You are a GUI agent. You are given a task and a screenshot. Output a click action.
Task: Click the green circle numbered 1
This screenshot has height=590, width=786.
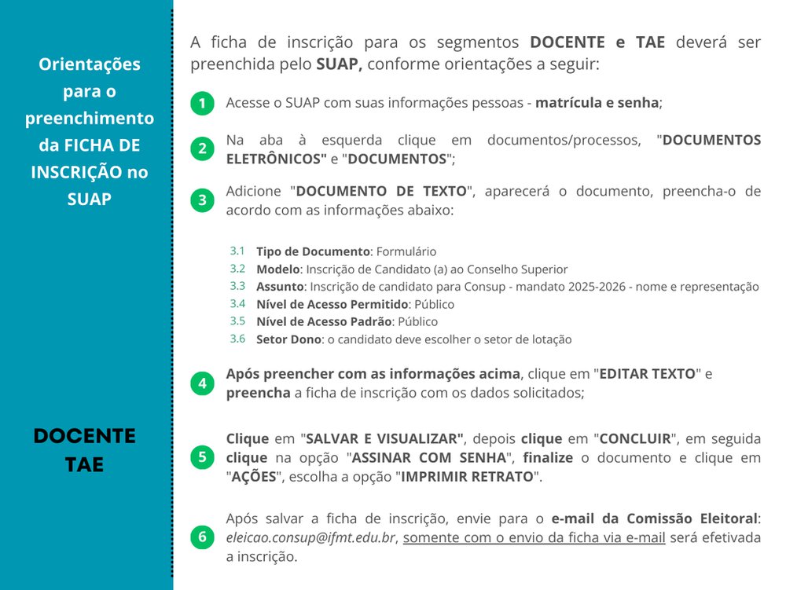[x=202, y=103]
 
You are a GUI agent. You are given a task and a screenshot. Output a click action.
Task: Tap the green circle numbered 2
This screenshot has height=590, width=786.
[x=202, y=149]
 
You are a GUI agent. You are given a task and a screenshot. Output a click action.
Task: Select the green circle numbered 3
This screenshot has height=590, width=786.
[x=202, y=200]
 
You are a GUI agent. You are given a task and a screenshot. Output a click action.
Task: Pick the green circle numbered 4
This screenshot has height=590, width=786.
[x=202, y=383]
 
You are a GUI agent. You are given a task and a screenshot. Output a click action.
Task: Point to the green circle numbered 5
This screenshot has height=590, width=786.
[x=202, y=457]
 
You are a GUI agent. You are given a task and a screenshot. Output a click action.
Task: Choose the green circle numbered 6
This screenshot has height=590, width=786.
[x=202, y=537]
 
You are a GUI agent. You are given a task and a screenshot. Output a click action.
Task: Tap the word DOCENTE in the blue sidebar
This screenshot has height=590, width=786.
[x=85, y=437]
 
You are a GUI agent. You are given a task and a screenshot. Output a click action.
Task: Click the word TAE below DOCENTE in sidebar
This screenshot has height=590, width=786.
[x=85, y=464]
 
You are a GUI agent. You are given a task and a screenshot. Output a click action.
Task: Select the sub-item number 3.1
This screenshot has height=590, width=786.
[x=237, y=251]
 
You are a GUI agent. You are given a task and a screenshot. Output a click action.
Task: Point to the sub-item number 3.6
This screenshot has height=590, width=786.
[x=237, y=339]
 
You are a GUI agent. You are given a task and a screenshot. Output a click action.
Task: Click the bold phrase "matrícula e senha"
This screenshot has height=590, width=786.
[x=597, y=103]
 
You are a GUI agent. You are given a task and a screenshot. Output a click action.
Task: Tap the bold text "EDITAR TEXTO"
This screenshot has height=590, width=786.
[x=648, y=374]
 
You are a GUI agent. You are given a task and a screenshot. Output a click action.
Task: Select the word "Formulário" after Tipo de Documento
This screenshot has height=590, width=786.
[x=406, y=252]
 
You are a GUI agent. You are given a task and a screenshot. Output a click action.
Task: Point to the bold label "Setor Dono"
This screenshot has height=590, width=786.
[x=288, y=340]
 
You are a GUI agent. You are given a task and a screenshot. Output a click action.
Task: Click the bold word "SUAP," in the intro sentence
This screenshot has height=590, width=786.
[x=339, y=64]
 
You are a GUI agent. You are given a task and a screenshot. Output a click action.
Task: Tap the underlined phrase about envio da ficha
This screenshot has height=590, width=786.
[x=534, y=538]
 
